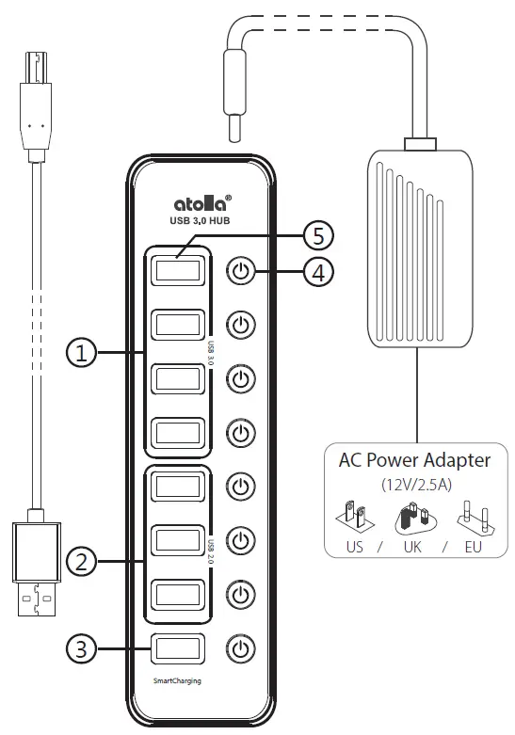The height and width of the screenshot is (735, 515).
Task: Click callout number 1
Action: pos(83,353)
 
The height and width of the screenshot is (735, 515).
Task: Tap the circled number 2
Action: pos(83,563)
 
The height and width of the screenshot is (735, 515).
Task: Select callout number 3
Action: pos(83,647)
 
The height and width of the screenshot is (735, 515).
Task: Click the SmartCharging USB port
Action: pos(177,647)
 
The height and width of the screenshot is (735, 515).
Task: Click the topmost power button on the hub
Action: pos(242,272)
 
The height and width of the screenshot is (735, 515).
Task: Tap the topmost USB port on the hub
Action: pos(177,270)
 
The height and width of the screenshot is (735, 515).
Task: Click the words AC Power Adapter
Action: pos(414,460)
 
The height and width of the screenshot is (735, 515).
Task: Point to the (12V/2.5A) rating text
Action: pos(414,485)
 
